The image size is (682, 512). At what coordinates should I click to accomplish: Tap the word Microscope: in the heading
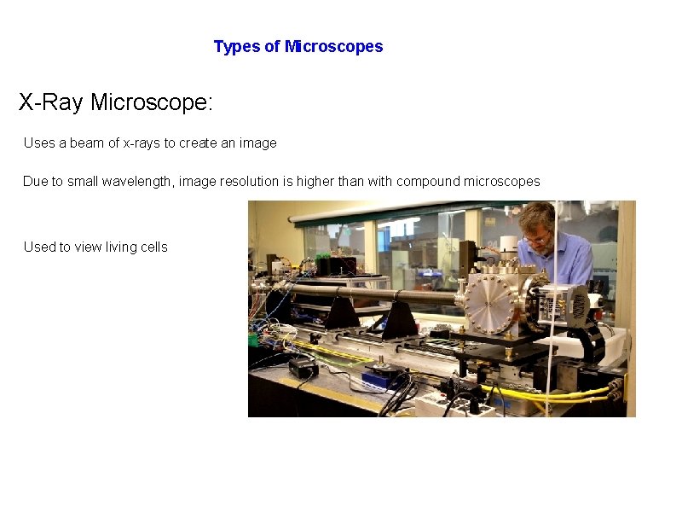point(152,103)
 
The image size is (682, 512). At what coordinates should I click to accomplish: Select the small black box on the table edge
point(303,368)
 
